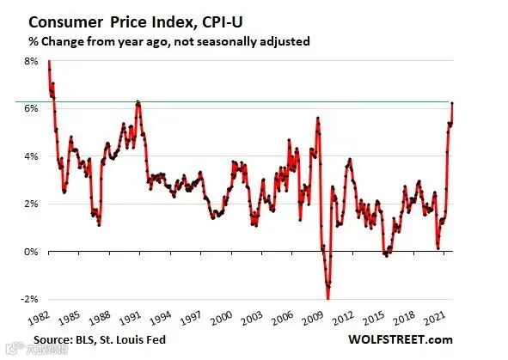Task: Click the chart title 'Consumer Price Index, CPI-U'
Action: tap(136, 22)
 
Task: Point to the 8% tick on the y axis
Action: tap(31, 61)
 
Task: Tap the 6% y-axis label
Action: tap(31, 108)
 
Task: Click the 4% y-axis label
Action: tap(31, 156)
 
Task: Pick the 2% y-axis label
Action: tap(31, 204)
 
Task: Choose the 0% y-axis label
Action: tap(31, 252)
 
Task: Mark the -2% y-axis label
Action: tap(29, 299)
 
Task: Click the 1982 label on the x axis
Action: tap(39, 318)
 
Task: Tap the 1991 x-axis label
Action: tap(130, 318)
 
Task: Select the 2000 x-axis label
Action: tap(221, 318)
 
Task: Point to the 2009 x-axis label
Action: tap(312, 318)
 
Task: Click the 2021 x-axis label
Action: tap(434, 318)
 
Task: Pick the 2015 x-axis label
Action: tap(373, 318)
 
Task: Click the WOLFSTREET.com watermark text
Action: tap(401, 339)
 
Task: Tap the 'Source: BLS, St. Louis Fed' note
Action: tap(100, 340)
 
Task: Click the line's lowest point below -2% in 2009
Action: tap(327, 298)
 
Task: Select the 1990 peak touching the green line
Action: tap(138, 102)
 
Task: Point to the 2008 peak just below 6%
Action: tap(318, 119)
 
